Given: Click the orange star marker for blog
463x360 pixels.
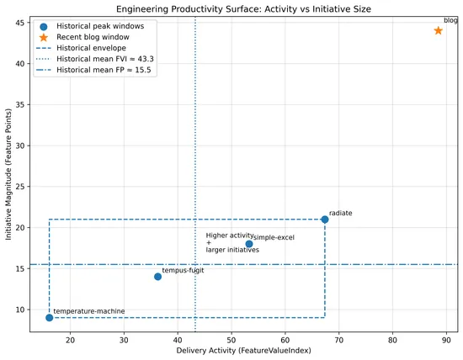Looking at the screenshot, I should (439, 30).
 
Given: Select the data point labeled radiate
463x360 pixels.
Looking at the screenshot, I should (325, 220).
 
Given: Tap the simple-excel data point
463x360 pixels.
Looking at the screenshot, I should (249, 244).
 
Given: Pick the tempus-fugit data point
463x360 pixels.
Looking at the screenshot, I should (157, 277).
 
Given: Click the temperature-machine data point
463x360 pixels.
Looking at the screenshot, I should (50, 318).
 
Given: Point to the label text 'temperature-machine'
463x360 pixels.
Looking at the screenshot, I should (88, 311).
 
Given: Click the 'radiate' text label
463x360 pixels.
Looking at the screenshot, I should (340, 214).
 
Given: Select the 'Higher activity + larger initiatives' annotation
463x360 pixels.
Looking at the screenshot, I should (231, 243).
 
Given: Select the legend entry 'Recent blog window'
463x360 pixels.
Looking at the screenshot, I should (92, 38).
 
